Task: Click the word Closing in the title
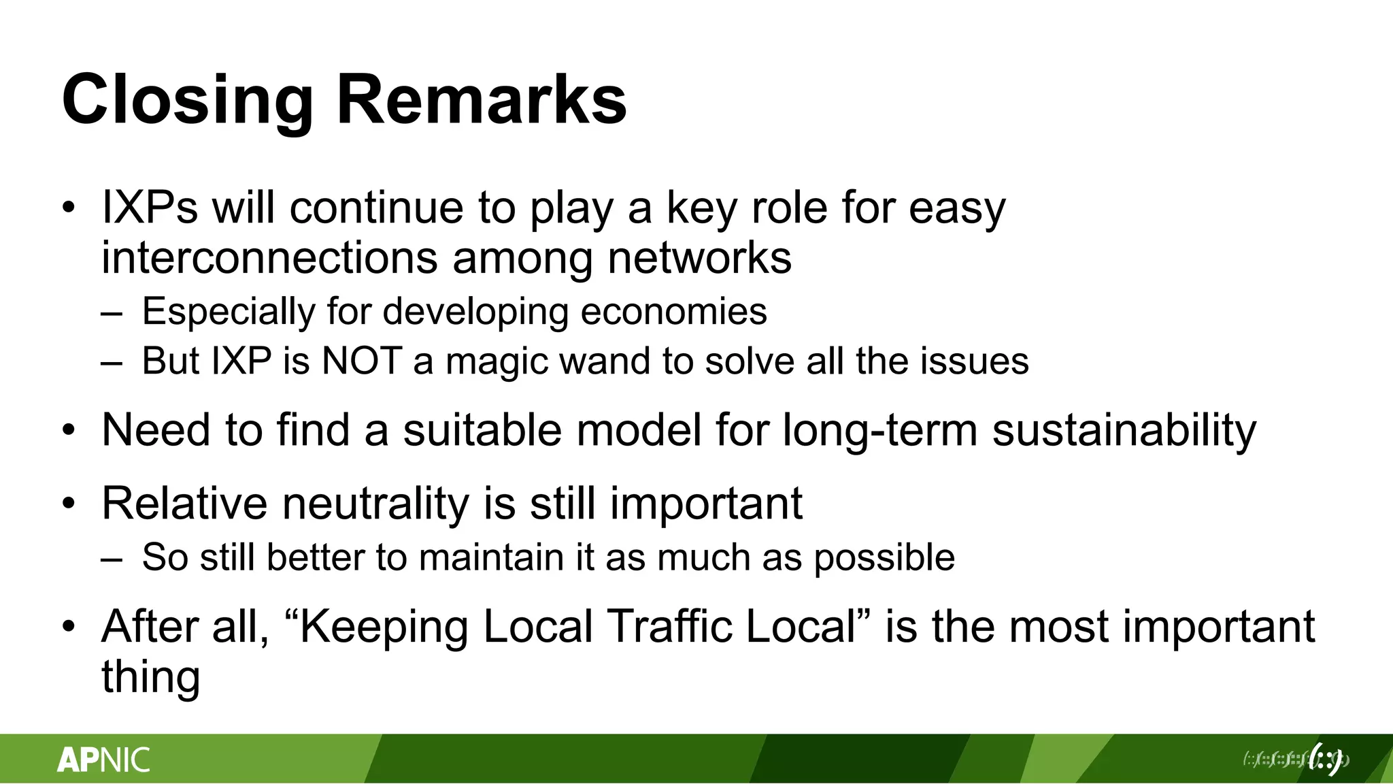pos(187,101)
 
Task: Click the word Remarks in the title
pos(481,101)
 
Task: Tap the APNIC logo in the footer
pos(103,759)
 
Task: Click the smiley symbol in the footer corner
pos(1326,759)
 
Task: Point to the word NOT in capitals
pos(362,361)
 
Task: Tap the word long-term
pos(880,430)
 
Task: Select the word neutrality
pos(375,504)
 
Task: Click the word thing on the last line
pos(150,677)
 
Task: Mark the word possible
pos(884,558)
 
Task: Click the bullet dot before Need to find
pos(69,431)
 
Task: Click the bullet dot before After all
pos(69,627)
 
